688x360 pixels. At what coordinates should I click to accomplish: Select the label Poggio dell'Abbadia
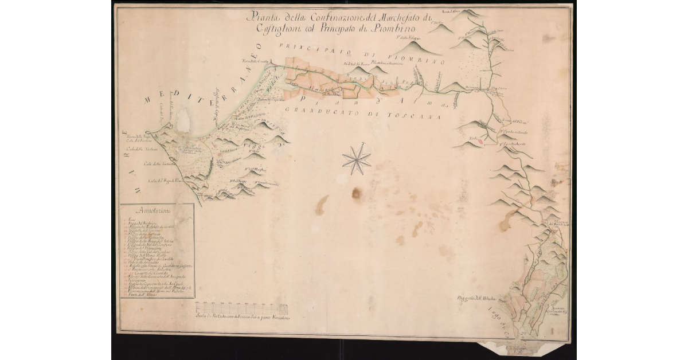[472, 299]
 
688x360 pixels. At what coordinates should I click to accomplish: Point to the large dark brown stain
[357, 193]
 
